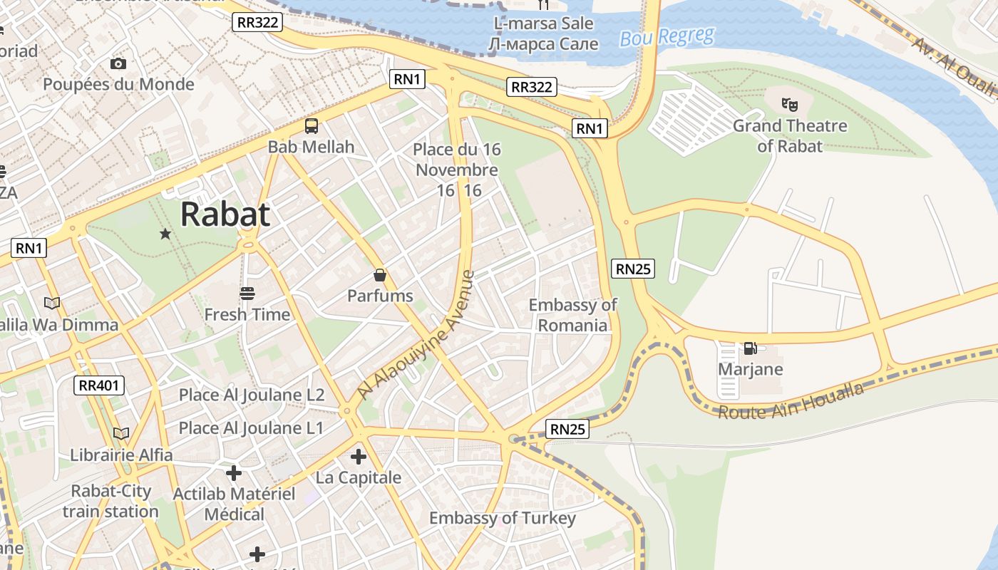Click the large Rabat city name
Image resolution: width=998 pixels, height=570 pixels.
coord(225,214)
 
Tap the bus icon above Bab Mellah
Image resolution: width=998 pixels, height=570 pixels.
coord(312,127)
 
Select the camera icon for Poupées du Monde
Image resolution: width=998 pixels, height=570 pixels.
coord(118,64)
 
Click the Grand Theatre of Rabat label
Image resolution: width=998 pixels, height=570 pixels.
coord(790,136)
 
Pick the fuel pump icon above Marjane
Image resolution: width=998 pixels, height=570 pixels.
coord(750,348)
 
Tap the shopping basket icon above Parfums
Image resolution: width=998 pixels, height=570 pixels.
coord(380,275)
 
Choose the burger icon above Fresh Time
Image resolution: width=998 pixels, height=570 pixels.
coord(247,294)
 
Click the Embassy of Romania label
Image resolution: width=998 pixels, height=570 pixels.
coord(572,315)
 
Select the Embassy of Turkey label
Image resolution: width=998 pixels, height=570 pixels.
coord(502,518)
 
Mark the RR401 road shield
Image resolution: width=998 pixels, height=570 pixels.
coord(99,386)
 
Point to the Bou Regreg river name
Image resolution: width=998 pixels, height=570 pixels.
coord(667,37)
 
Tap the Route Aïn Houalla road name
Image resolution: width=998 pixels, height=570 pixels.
coord(791,400)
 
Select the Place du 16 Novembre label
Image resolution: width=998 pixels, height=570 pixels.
coord(457,170)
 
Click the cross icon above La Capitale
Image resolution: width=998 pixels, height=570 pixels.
coord(359,457)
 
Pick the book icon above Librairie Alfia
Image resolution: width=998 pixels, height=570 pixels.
coord(121,433)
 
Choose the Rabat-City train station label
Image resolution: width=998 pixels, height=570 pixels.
coord(110,501)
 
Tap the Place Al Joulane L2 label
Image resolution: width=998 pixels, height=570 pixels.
coord(252,395)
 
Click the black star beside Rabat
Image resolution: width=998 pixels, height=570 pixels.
coord(165,234)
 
